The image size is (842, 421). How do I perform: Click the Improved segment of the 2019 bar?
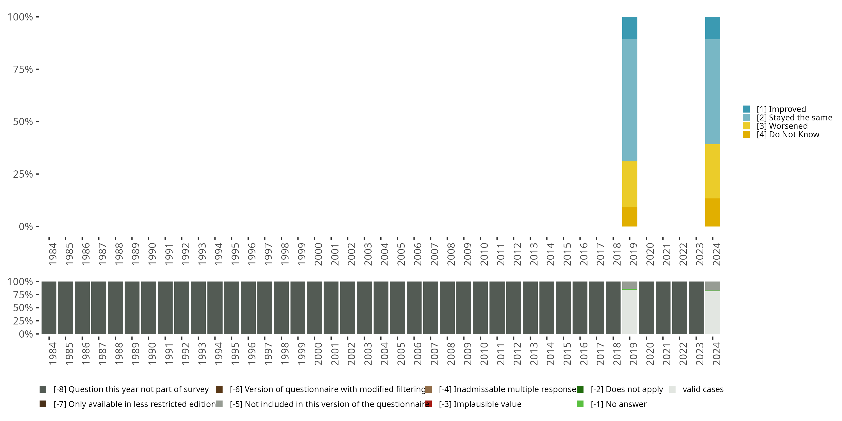[630, 28]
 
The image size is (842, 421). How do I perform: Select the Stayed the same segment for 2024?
[713, 91]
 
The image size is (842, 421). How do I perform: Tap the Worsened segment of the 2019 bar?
[630, 184]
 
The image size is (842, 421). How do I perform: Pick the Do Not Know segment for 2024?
[713, 212]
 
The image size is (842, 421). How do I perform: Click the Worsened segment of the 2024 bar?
[713, 171]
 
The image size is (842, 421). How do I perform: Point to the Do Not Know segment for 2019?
[630, 216]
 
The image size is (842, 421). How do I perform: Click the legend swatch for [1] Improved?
[746, 109]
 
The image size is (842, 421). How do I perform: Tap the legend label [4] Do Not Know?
[788, 135]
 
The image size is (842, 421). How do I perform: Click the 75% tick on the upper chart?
[37, 69]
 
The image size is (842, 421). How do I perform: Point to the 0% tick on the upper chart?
[37, 226]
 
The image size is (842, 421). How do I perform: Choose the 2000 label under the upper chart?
[318, 254]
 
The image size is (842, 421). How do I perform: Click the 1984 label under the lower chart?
[52, 354]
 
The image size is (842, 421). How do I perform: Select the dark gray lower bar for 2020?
[646, 308]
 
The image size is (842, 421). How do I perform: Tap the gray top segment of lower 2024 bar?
[713, 286]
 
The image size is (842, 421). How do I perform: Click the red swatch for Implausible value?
[428, 404]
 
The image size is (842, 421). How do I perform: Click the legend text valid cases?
[703, 389]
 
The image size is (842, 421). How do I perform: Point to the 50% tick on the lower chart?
[37, 308]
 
